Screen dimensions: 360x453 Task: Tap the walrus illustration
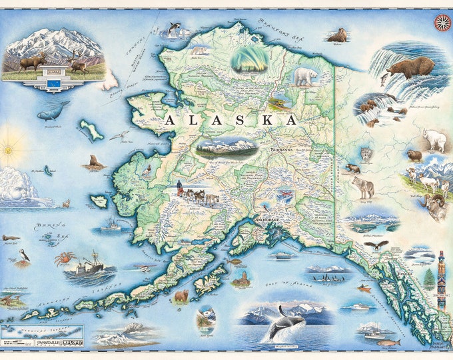coord(337,35)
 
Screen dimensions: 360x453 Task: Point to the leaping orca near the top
coord(175,29)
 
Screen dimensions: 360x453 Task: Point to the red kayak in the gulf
coord(363,289)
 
